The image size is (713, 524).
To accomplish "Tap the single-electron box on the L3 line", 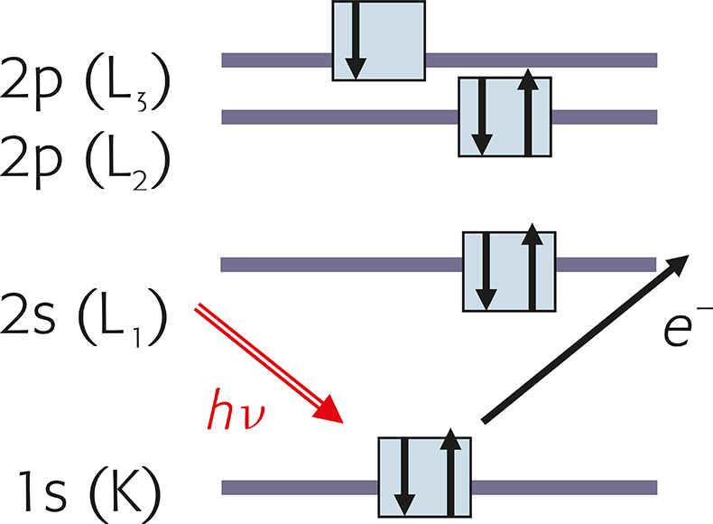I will pos(378,41).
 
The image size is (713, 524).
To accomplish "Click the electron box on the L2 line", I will pos(505,117).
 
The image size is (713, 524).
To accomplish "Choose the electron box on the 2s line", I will pos(508,271).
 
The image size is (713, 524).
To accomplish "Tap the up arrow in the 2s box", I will pos(532,269).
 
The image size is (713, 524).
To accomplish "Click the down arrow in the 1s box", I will pos(403,479).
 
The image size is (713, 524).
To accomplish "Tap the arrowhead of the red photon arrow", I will pos(332,412).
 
